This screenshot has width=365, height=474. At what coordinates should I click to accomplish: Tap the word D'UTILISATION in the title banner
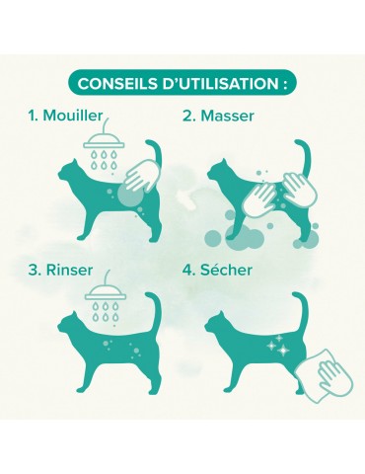pyautogui.click(x=221, y=84)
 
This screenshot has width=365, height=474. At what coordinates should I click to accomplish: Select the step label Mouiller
pyautogui.click(x=73, y=116)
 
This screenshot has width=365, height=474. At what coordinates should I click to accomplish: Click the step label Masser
pyautogui.click(x=227, y=116)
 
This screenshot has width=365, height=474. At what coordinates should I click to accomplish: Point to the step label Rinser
pyautogui.click(x=69, y=270)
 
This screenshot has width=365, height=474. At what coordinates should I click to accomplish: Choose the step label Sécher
pyautogui.click(x=227, y=270)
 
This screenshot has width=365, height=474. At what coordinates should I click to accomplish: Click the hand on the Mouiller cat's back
pyautogui.click(x=142, y=176)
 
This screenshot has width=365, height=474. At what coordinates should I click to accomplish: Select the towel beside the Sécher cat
pyautogui.click(x=324, y=375)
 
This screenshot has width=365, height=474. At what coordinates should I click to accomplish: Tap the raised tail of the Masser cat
pyautogui.click(x=304, y=158)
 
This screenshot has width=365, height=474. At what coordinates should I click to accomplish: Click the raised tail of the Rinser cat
pyautogui.click(x=155, y=309)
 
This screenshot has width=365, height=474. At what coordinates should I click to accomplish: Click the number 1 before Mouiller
pyautogui.click(x=32, y=116)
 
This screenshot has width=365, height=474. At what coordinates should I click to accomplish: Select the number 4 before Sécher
pyautogui.click(x=187, y=270)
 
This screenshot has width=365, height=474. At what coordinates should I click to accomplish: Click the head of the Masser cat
pyautogui.click(x=220, y=171)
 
